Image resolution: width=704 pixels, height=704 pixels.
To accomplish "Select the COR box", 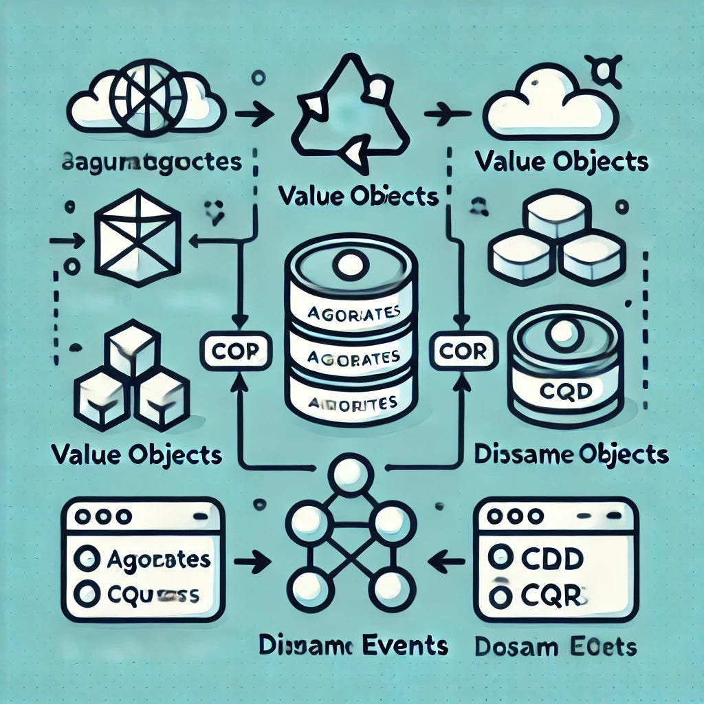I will pyautogui.click(x=462, y=351).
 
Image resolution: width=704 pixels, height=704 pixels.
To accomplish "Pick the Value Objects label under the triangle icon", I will pyautogui.click(x=359, y=196).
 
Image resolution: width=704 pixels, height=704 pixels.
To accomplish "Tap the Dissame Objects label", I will pyautogui.click(x=571, y=454).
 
